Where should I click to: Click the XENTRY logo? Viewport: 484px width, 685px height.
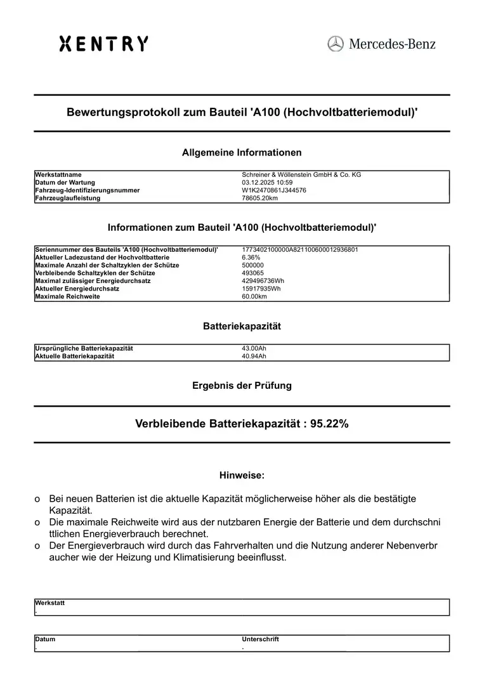coord(104,44)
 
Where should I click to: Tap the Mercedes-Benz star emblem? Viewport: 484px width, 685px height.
coord(336,44)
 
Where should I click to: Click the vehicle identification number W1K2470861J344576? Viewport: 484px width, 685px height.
coord(274,190)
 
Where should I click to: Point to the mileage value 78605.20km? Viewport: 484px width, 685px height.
coord(260,198)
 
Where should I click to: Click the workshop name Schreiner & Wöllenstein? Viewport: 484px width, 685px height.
coord(301,174)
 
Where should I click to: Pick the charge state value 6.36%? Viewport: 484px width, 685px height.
coord(251,258)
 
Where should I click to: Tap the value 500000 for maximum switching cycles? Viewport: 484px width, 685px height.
coord(253,265)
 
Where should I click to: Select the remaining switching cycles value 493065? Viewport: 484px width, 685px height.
coord(253,273)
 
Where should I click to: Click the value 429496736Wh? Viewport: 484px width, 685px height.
coord(263,281)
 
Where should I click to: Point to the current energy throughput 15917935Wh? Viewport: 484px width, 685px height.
coord(261,289)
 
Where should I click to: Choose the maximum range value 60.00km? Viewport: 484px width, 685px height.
coord(255,296)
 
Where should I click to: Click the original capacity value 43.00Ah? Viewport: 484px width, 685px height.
coord(254,348)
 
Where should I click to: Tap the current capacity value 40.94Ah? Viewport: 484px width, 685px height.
coord(254,356)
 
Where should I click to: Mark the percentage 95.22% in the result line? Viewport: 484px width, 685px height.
coord(329,424)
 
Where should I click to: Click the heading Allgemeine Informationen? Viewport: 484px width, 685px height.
coord(242,152)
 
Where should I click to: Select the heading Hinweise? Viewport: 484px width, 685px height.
coord(242,475)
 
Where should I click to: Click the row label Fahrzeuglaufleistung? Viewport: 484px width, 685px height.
coord(68,198)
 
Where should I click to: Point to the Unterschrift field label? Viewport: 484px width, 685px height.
coord(260,639)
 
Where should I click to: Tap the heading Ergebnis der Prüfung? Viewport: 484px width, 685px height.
coord(242,385)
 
